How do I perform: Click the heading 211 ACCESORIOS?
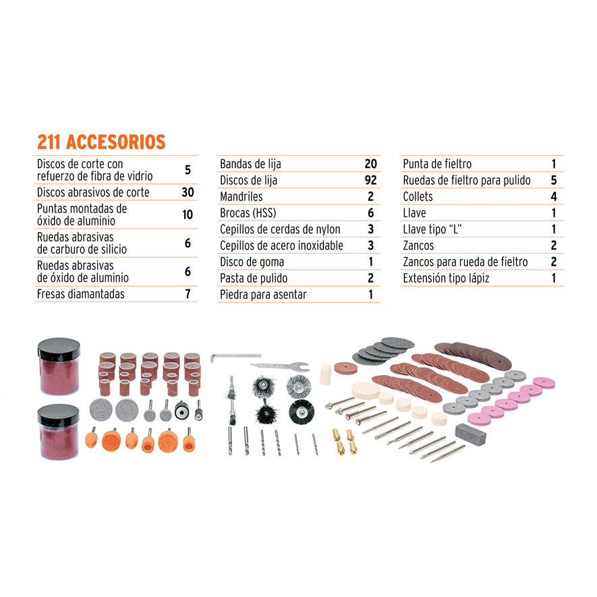pos(101,142)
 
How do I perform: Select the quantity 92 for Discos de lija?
pos(370,180)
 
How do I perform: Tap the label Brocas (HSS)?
pos(248,213)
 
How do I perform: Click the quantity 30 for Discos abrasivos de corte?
pos(188,192)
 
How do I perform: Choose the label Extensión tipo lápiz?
pos(446,278)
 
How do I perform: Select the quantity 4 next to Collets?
pos(553,197)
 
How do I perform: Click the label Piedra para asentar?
pos(263,295)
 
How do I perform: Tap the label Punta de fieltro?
pos(437,164)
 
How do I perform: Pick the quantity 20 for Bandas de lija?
pos(370,164)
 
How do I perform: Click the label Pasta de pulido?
pos(254,278)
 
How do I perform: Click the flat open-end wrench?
pos(279,366)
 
